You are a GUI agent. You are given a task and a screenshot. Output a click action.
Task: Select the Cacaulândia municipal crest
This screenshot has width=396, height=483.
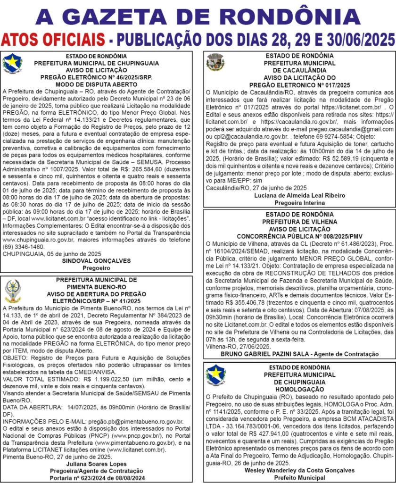click(x=215, y=62)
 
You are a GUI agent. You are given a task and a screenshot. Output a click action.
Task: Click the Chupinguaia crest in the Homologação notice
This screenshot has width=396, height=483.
click(x=216, y=375)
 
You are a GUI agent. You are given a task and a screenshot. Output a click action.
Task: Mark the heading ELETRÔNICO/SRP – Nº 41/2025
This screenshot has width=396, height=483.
click(x=97, y=300)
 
